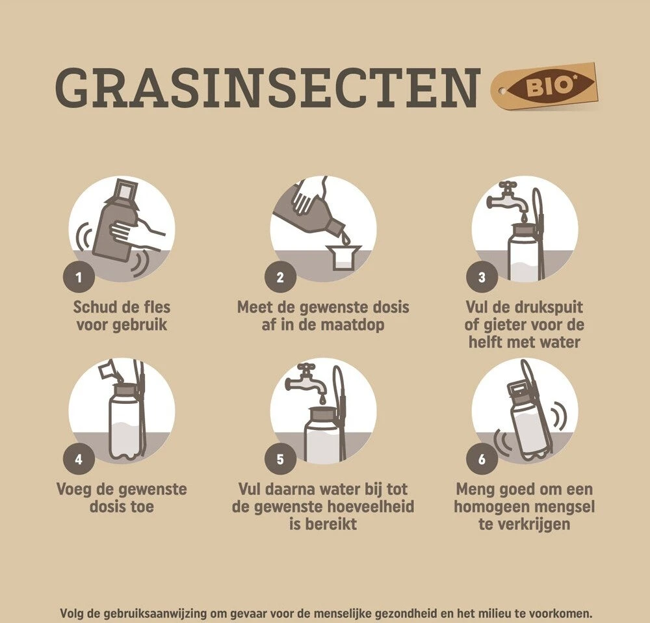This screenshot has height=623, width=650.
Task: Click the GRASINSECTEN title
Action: (267, 88)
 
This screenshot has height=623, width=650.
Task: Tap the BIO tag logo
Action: (544, 87)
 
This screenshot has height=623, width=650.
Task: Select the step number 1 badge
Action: (79, 276)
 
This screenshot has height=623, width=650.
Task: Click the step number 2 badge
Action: (280, 276)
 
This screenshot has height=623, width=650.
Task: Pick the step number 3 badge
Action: (482, 276)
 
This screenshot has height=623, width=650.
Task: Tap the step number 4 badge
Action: (79, 458)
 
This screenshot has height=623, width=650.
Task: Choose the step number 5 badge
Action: (280, 458)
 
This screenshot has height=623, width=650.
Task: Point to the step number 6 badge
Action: (482, 458)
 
